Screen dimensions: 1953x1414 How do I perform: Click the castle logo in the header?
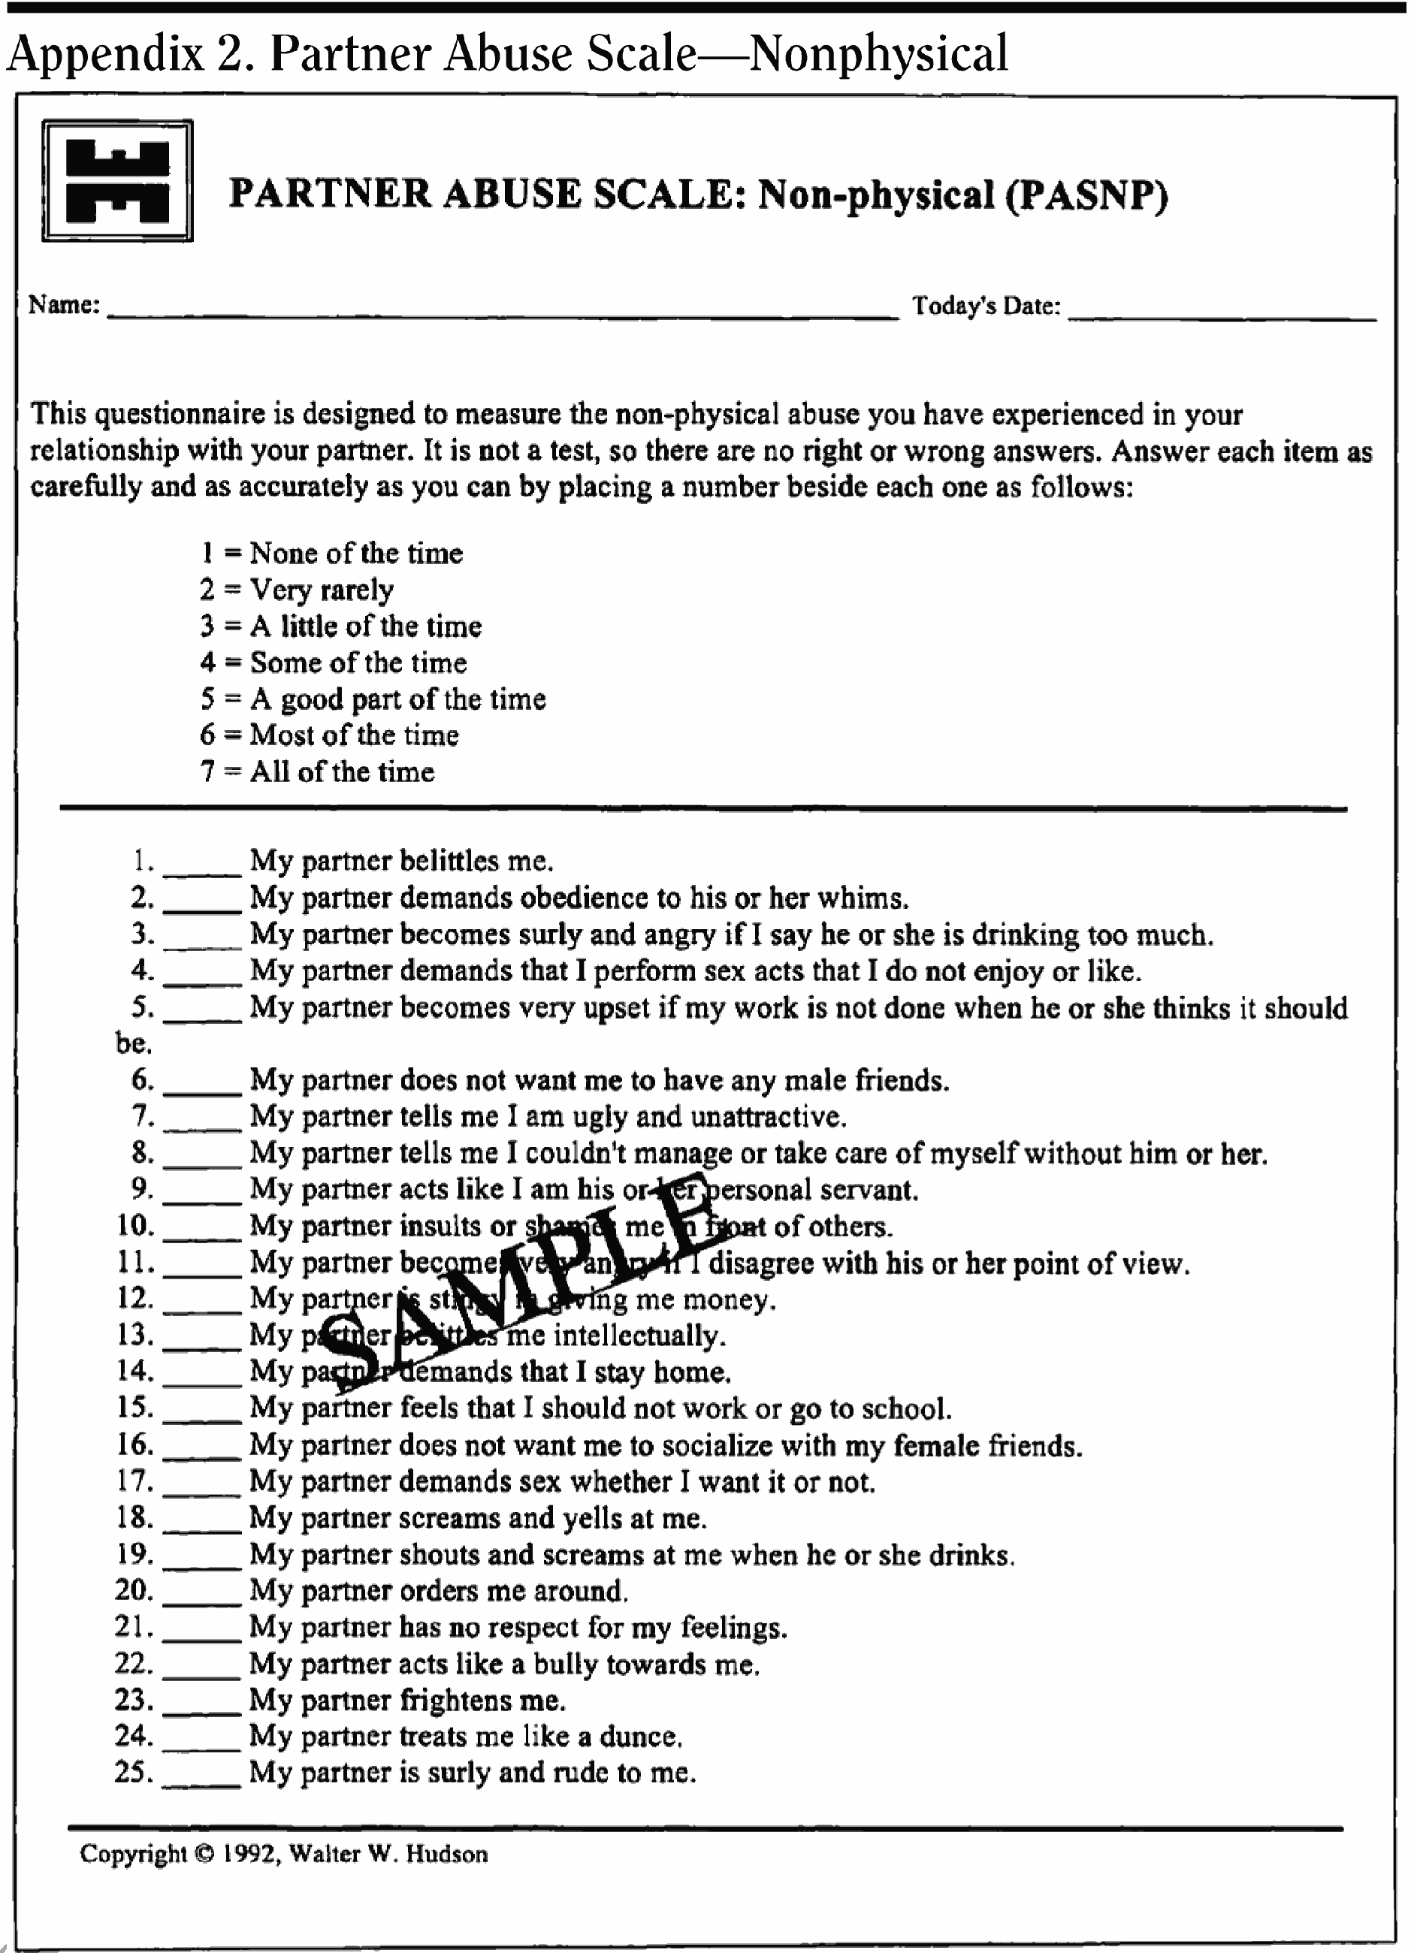(x=117, y=181)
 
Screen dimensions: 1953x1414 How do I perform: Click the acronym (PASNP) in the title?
(x=1086, y=195)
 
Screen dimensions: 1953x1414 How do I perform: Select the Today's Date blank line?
(x=1221, y=316)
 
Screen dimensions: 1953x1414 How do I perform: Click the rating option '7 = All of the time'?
(x=318, y=771)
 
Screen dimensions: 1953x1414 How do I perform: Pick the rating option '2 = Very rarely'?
(x=297, y=590)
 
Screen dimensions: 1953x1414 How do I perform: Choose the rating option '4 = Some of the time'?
(x=334, y=663)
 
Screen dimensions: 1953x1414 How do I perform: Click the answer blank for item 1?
(x=201, y=870)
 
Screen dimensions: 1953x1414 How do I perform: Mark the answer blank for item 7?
(x=201, y=1125)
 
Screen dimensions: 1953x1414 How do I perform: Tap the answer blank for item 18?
(x=201, y=1527)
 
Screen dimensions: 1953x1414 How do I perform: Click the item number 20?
(x=134, y=1589)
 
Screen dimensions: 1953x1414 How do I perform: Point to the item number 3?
(x=142, y=934)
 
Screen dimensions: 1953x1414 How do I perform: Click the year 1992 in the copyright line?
(x=249, y=1854)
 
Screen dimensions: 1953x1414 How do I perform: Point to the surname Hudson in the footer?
(x=447, y=1854)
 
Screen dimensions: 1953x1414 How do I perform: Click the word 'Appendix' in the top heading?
(x=105, y=55)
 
